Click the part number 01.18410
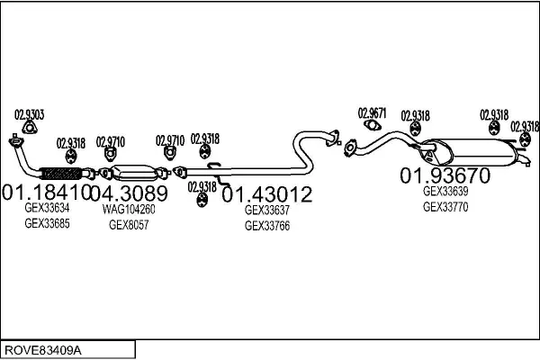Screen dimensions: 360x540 pyautogui.click(x=46, y=192)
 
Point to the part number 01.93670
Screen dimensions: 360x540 pyautogui.click(x=445, y=175)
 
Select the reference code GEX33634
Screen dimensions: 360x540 pyautogui.click(x=47, y=208)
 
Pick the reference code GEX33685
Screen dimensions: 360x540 pyautogui.click(x=47, y=223)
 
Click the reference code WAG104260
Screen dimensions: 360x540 pyautogui.click(x=129, y=209)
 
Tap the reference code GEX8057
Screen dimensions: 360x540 pyautogui.click(x=129, y=224)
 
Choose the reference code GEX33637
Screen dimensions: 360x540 pyautogui.click(x=267, y=210)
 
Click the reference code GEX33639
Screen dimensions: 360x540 pyautogui.click(x=445, y=191)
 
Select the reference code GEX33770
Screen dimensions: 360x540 pyautogui.click(x=445, y=206)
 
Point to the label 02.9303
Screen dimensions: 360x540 pyautogui.click(x=29, y=113)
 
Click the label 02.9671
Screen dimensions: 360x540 pyautogui.click(x=372, y=113)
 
